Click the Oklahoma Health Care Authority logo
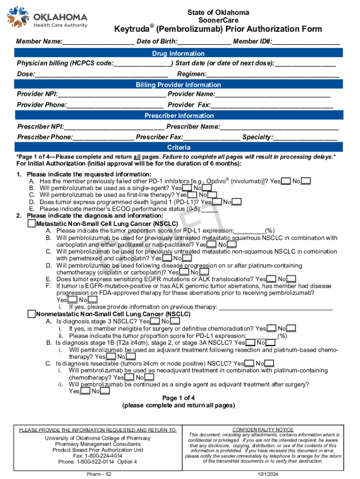(47, 18)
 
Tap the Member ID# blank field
(306, 41)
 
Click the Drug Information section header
(178, 53)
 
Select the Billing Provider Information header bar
(178, 85)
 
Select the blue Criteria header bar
(178, 147)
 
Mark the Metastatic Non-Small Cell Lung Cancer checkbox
(32, 224)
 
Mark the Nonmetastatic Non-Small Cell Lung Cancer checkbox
(32, 314)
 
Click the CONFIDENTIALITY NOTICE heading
(263, 429)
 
